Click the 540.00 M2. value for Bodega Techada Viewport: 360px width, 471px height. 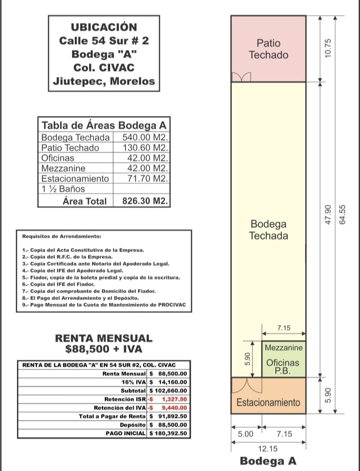145,137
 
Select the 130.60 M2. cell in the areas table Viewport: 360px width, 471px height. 145,148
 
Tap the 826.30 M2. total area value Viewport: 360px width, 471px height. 145,201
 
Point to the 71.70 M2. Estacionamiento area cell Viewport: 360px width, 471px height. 148,178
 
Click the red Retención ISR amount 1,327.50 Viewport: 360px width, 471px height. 174,399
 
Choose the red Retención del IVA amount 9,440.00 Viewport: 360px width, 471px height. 174,408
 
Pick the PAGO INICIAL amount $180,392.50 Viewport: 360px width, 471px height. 168,433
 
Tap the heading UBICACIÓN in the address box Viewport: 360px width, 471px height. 104,27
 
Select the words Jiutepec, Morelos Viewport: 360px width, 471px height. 104,81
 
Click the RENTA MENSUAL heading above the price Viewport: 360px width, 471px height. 104,338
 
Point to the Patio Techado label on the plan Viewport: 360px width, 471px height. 268,49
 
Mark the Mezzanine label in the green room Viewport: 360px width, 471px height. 284,348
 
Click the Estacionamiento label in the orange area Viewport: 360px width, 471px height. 268,402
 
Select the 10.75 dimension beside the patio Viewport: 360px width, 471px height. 328,48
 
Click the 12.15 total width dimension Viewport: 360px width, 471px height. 268,449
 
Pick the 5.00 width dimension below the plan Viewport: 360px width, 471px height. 246,434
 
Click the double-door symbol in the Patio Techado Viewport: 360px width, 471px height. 241,77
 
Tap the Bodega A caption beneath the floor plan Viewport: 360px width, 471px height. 268,461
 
